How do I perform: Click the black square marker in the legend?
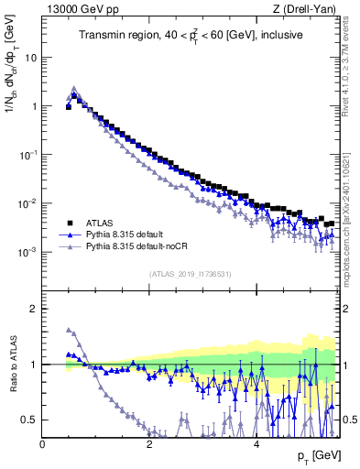tap(68, 223)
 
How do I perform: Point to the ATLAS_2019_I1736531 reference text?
tap(191, 274)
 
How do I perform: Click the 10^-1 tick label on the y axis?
tap(29, 154)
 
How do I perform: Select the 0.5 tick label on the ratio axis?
tap(30, 420)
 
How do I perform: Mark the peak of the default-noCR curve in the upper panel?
tap(74, 89)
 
